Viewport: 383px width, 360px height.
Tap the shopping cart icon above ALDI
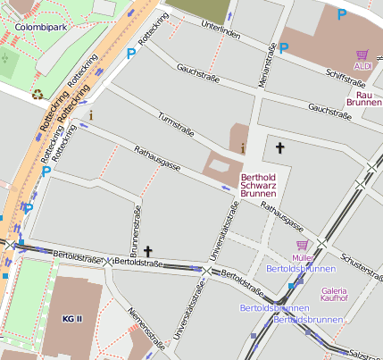362,54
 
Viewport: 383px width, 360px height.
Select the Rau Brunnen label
363,99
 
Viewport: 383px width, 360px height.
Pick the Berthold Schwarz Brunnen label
259,184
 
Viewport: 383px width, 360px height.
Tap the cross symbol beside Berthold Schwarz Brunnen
279,147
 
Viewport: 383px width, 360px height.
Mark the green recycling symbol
37,93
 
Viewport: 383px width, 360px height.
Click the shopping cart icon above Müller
302,245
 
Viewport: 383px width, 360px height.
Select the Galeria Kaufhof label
333,295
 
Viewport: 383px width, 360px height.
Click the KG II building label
71,319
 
